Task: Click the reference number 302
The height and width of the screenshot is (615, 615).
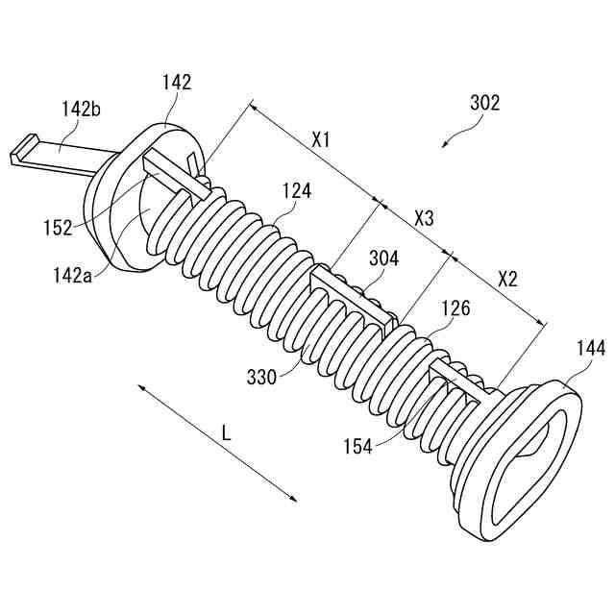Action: pos(484,103)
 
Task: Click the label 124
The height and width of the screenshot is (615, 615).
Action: pos(297,191)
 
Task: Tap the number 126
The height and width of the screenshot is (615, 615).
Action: pos(455,308)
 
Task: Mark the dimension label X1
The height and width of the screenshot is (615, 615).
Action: pos(321,140)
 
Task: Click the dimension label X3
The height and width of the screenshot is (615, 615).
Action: pos(424,218)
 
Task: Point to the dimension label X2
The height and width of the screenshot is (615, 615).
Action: pos(507,280)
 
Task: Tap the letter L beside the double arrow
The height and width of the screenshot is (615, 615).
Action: pos(227,433)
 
